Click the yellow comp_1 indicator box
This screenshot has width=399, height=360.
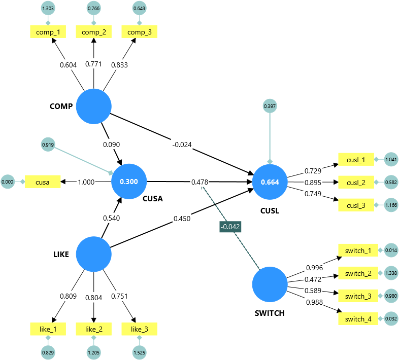(x=48, y=32)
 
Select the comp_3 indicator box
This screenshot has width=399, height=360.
(x=139, y=32)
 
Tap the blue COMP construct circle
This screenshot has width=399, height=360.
(x=93, y=106)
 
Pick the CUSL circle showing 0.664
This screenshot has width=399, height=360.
(x=270, y=182)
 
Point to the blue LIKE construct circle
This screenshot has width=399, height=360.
(x=93, y=255)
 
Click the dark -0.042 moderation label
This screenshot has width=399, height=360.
(x=230, y=226)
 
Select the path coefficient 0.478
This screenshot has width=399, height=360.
(x=199, y=182)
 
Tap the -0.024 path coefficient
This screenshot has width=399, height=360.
(x=181, y=145)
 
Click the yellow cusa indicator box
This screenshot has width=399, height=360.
(x=43, y=182)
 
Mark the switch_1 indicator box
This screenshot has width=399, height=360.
(x=358, y=250)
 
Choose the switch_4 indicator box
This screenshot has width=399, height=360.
(x=358, y=319)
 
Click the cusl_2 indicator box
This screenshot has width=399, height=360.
(x=356, y=182)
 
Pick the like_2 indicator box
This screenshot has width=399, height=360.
(x=93, y=329)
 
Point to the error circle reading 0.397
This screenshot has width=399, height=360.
(x=270, y=106)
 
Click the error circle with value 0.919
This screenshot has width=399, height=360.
(x=48, y=145)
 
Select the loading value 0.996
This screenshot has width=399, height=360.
(x=315, y=268)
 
